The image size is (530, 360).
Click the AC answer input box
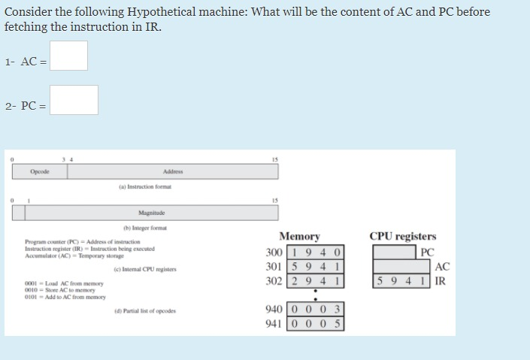coord(69,56)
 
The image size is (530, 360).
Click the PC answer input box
coord(74,100)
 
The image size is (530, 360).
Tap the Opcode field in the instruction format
coord(40,171)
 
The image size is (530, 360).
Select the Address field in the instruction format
coord(172,171)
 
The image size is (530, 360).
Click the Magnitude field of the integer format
coord(151,213)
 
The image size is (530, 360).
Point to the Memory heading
coord(298,236)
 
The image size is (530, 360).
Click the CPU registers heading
coord(402,236)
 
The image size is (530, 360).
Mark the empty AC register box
coord(403,266)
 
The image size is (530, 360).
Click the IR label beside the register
coord(442,281)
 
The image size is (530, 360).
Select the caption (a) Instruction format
coord(146,186)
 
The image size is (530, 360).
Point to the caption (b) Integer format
coord(145,228)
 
